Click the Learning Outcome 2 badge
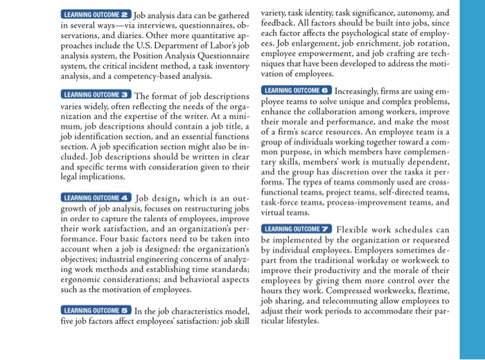(96, 14)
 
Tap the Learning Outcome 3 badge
(96, 95)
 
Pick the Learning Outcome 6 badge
(297, 91)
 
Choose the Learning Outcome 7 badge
(297, 229)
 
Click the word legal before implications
(75, 176)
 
